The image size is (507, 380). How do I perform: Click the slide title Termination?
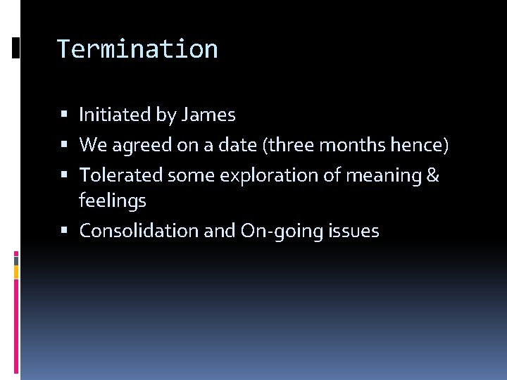point(137,49)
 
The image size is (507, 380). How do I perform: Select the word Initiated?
point(115,115)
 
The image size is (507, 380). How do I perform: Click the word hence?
point(420,145)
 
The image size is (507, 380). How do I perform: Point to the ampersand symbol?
point(432,175)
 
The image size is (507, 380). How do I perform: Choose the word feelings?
point(113,201)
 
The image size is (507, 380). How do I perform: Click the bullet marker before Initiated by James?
point(64,115)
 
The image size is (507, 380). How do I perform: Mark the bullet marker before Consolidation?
point(64,231)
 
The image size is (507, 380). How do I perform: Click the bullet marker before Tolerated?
point(64,175)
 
